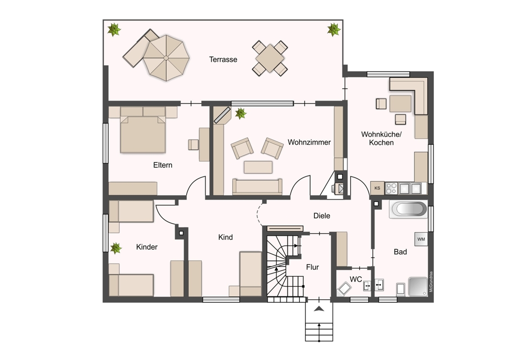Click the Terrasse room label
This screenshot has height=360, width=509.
[223, 59]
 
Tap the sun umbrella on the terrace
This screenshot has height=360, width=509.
[166, 58]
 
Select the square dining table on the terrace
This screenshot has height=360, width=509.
[270, 58]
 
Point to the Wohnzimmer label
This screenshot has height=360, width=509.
[309, 142]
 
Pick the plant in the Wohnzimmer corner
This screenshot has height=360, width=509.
[241, 113]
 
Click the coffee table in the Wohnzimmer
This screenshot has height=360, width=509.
[258, 167]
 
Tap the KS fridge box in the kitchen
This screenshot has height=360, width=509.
[377, 188]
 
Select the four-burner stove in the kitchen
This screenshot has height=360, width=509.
[391, 188]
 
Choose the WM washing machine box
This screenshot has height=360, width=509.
[421, 239]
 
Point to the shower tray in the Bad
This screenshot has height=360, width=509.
[418, 287]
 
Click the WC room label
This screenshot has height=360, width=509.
[356, 279]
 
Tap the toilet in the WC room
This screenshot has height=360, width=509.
[344, 288]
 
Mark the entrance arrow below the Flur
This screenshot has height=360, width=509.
[319, 309]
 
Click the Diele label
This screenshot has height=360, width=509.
[321, 216]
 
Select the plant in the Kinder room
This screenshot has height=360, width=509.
[116, 248]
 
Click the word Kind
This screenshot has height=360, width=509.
[225, 237]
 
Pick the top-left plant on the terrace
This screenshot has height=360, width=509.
[114, 30]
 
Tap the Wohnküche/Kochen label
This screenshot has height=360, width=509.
[381, 139]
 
